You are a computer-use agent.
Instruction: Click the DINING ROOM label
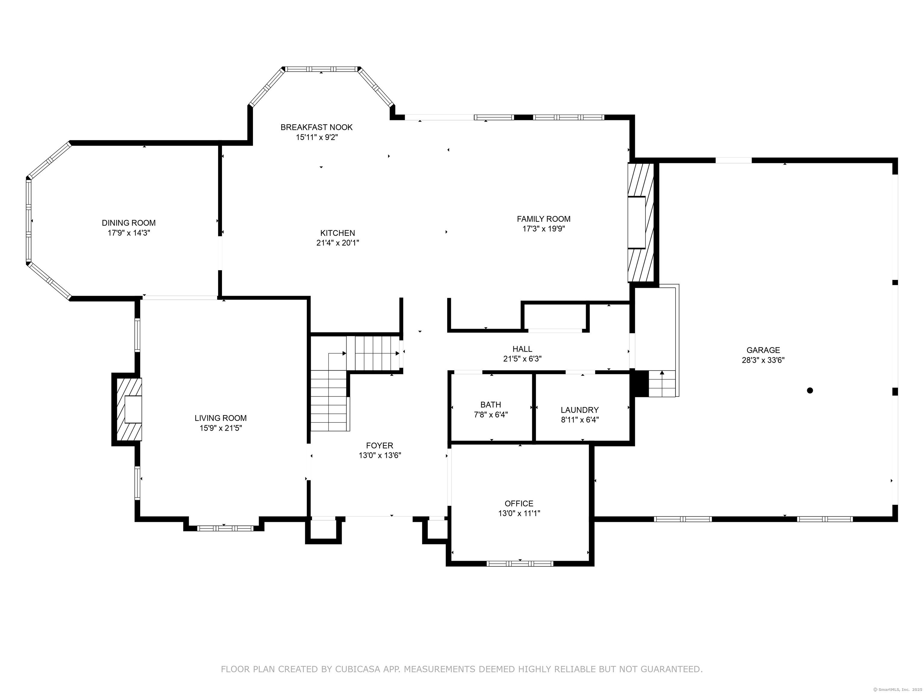click(x=129, y=223)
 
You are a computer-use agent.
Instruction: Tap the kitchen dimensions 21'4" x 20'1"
click(x=338, y=243)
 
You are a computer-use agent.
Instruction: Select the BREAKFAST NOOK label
click(x=317, y=127)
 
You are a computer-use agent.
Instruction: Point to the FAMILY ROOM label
click(x=544, y=219)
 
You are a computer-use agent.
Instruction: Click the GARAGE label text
click(x=763, y=350)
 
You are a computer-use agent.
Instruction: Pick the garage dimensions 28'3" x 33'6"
click(x=763, y=360)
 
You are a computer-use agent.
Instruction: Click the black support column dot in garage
click(x=810, y=391)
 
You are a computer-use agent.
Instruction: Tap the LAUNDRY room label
click(x=580, y=410)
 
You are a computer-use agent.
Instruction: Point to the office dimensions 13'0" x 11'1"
click(x=519, y=513)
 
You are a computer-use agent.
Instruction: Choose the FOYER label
click(x=380, y=446)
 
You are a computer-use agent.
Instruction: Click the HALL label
click(x=522, y=349)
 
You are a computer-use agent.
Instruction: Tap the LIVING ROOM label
click(x=220, y=418)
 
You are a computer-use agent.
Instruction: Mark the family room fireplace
click(x=640, y=222)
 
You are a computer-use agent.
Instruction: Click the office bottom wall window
click(x=520, y=563)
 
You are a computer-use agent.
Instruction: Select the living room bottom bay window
click(x=225, y=528)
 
